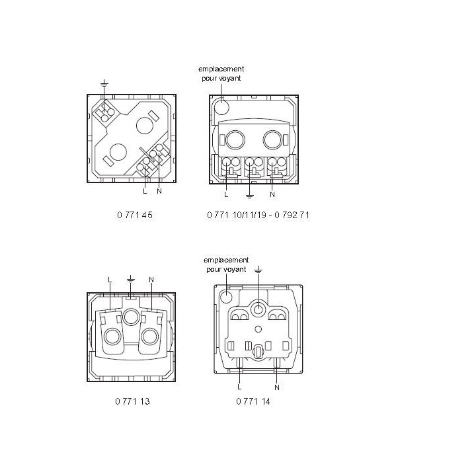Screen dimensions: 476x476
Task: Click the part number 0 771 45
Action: coord(135,215)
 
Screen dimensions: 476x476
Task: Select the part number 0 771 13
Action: coord(133,401)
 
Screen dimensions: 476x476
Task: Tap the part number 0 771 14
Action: coord(253,401)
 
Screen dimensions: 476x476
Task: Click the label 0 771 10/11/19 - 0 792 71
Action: coord(258,215)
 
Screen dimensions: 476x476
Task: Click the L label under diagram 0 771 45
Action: coord(145,191)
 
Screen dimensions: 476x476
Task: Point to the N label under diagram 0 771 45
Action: coord(159,191)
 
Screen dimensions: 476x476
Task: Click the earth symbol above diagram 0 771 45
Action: coord(104,83)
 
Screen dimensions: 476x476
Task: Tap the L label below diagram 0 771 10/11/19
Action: coord(226,194)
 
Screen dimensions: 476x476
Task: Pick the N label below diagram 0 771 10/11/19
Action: coord(272,194)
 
